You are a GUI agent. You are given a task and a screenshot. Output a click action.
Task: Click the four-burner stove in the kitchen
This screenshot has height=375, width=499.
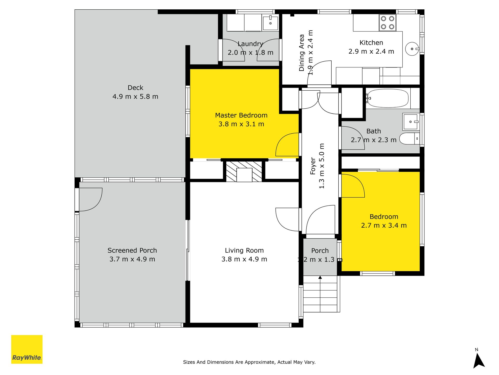(387, 23)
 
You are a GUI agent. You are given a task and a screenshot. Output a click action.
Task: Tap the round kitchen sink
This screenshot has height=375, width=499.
(412, 49)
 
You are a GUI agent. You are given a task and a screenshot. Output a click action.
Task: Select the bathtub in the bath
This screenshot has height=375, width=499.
(388, 98)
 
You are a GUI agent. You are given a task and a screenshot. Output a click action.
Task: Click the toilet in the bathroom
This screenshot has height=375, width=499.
(409, 139)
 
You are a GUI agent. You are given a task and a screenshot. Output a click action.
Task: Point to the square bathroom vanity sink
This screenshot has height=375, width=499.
(411, 122)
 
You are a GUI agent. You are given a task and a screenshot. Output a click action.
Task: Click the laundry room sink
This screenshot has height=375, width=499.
(271, 23)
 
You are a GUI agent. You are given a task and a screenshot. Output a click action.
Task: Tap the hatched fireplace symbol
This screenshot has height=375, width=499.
(244, 172)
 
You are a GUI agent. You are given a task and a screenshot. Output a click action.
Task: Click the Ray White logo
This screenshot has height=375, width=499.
(27, 349)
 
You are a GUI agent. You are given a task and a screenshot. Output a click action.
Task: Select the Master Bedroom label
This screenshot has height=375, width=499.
(241, 115)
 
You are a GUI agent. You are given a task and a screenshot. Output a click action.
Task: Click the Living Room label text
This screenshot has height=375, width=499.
(244, 251)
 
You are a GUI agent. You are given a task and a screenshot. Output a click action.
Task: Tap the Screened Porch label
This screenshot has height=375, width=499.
(132, 251)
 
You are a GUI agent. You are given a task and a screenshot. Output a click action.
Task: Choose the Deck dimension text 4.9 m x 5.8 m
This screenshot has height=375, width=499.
(135, 97)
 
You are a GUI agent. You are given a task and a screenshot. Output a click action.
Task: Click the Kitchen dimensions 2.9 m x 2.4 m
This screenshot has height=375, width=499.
(371, 52)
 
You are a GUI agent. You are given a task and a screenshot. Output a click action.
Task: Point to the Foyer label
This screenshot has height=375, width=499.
(313, 166)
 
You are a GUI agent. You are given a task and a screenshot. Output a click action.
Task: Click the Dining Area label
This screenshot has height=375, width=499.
(301, 53)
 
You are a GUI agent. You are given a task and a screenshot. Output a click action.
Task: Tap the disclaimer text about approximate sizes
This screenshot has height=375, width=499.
(249, 362)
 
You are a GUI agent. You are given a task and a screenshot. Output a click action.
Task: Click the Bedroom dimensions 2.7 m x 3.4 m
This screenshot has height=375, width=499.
(384, 226)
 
